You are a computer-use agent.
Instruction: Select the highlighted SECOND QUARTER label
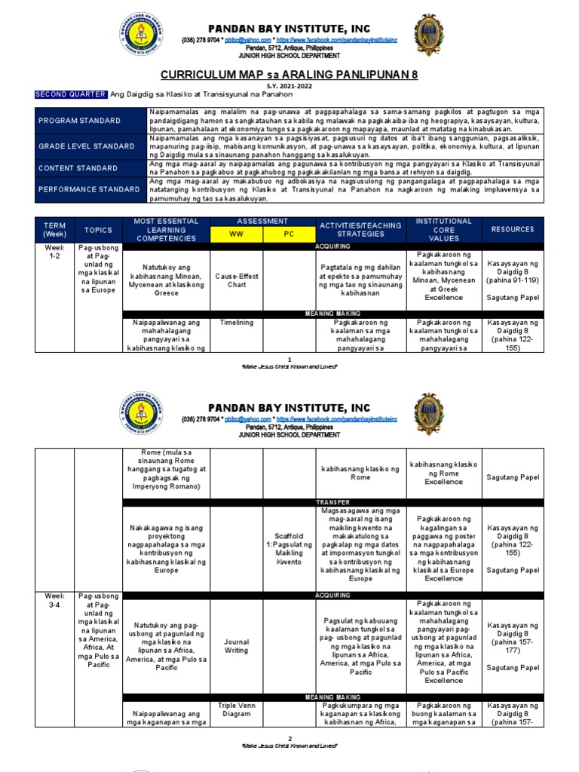click(x=71, y=94)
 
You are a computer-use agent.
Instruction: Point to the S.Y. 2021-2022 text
click(x=289, y=86)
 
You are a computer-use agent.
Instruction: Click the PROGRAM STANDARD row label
click(x=80, y=121)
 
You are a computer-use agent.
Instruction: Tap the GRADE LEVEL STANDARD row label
click(x=87, y=146)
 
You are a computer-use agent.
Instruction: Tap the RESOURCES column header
click(x=513, y=229)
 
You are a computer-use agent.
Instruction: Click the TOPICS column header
click(x=98, y=229)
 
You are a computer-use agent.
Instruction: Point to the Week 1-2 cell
click(x=54, y=253)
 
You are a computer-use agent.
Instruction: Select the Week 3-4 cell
click(x=54, y=600)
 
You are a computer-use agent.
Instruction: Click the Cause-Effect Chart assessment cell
click(x=237, y=281)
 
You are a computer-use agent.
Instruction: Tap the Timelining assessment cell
click(x=237, y=321)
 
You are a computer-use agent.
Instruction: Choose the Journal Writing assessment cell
click(x=237, y=647)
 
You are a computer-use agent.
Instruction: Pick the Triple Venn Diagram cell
click(x=237, y=711)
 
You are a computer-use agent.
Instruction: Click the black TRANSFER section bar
click(x=332, y=501)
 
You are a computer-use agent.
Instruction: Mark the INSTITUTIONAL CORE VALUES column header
click(x=443, y=229)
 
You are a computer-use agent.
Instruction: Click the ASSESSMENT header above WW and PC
click(x=263, y=221)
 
